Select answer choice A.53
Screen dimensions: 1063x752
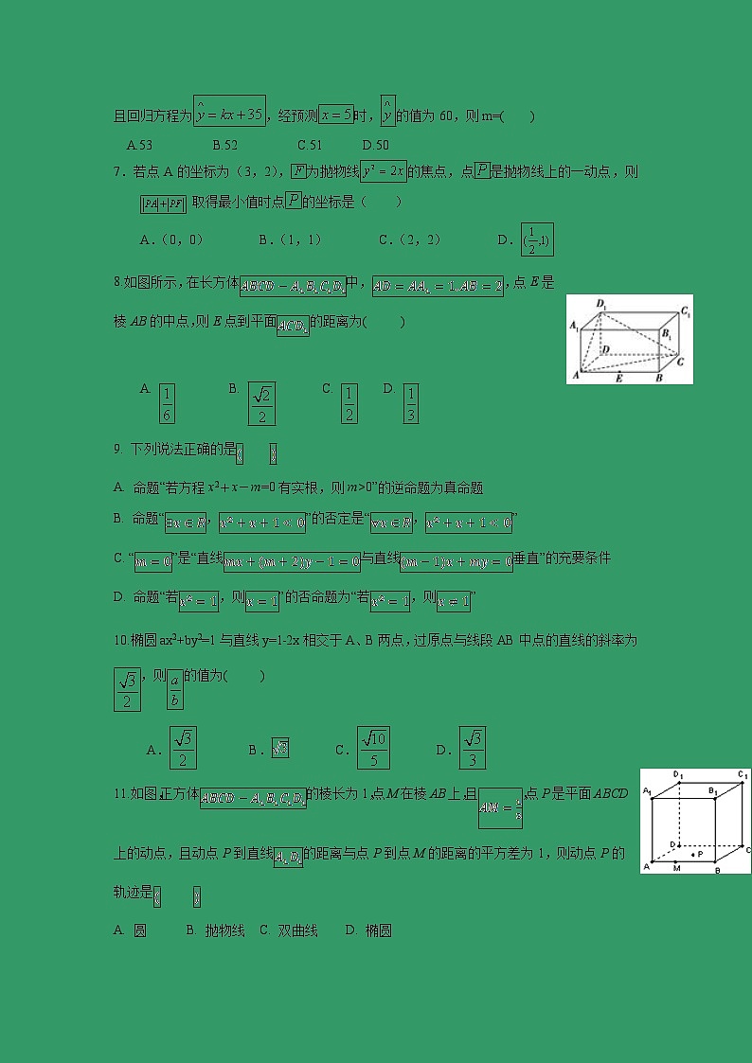139,145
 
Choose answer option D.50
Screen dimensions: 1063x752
376,145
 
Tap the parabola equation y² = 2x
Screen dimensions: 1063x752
384,171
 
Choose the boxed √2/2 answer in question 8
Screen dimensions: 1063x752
261,403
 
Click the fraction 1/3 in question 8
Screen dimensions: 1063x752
410,403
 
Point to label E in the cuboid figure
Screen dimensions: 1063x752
619,379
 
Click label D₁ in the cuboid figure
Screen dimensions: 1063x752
600,303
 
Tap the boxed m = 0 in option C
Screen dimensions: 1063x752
152,561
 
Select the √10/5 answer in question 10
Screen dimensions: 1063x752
373,748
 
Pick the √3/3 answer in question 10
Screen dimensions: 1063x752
472,748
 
